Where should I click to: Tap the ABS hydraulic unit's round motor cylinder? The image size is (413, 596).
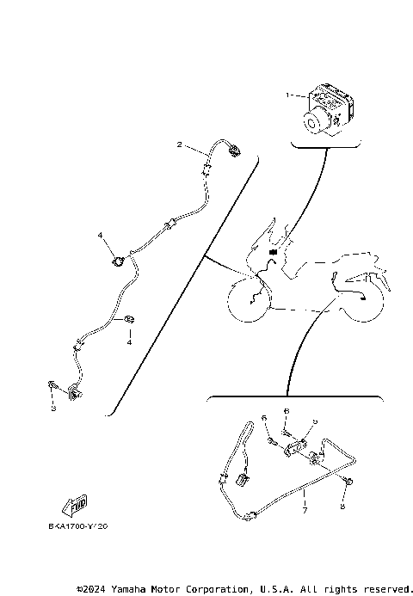tap(311, 124)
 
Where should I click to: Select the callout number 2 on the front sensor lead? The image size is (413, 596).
tap(179, 144)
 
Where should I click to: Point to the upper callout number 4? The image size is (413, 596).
tap(100, 235)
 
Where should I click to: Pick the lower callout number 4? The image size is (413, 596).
tap(130, 342)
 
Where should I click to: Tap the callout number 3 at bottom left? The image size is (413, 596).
tap(53, 409)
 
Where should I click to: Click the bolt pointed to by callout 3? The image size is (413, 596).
tap(54, 388)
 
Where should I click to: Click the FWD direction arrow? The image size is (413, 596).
tap(75, 502)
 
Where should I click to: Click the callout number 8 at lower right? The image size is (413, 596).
tap(342, 507)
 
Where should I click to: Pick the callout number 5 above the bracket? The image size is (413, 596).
tap(315, 421)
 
